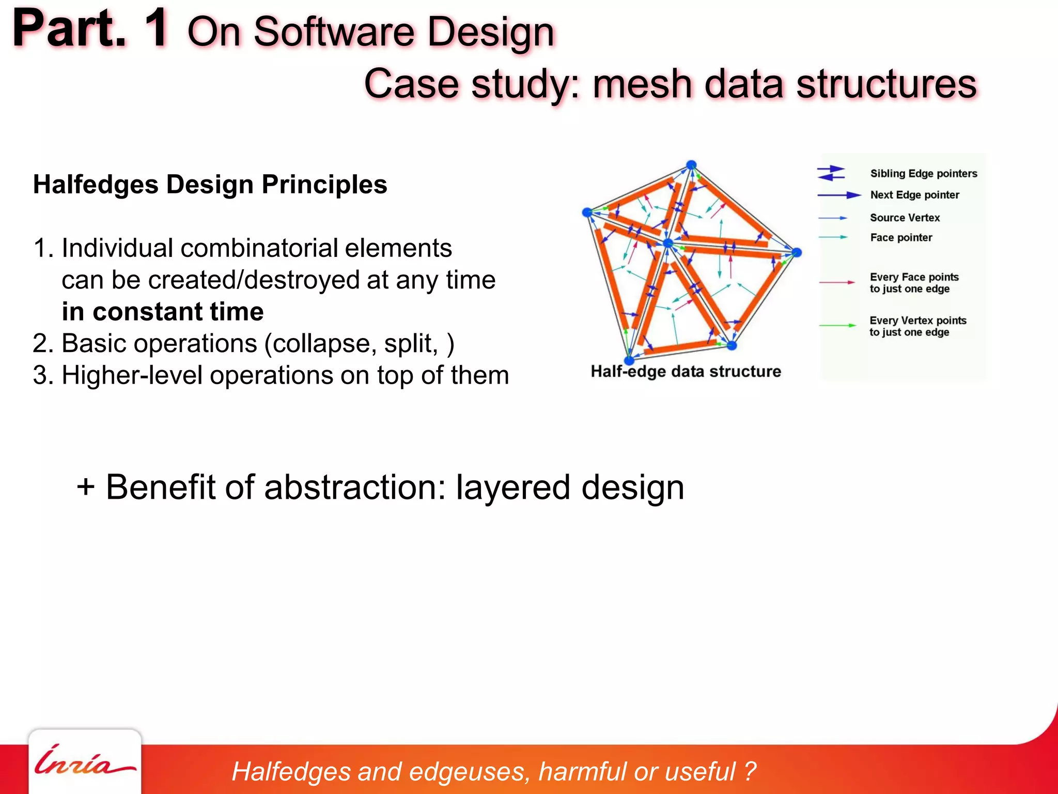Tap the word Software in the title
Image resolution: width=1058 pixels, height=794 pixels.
334,32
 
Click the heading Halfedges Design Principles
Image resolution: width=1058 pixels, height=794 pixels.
210,185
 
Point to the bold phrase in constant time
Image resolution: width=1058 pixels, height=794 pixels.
163,312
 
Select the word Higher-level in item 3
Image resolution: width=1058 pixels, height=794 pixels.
132,375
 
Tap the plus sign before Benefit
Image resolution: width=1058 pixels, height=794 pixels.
86,487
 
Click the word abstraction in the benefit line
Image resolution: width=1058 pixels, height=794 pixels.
354,487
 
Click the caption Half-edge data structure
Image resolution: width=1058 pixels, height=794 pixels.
686,372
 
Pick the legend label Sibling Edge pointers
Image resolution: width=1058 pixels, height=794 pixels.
923,174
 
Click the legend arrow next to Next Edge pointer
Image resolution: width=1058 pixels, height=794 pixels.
839,195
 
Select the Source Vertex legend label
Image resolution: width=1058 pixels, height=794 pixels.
905,218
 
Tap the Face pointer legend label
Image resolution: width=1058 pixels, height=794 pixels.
901,238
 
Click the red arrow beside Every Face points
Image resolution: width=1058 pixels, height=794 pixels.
837,282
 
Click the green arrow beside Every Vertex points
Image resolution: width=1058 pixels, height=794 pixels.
837,326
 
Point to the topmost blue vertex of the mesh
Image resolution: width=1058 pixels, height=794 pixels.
691,165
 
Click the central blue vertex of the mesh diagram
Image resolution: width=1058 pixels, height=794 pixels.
668,243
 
